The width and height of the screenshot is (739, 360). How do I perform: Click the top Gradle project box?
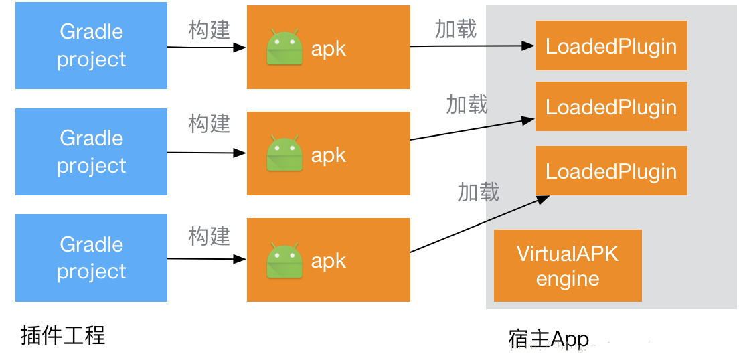tap(91, 46)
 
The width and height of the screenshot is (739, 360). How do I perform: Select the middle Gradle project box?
tap(91, 152)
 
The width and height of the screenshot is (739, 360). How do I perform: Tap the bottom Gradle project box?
tap(91, 258)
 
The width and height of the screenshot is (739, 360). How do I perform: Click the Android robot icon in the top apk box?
tap(284, 48)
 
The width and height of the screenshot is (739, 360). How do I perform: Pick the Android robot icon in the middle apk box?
tap(284, 154)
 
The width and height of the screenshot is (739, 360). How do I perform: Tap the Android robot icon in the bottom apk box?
tap(284, 260)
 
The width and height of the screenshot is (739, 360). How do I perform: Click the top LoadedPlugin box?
tap(610, 46)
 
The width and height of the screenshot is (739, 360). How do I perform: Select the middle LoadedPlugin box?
tap(610, 106)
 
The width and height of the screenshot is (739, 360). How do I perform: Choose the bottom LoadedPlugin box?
tap(610, 171)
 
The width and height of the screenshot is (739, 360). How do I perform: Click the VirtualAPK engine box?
tap(568, 266)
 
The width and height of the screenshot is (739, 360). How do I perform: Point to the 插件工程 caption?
tap(63, 335)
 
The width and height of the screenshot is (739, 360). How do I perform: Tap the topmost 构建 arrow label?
tap(209, 30)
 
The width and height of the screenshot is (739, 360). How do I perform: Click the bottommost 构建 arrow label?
tap(209, 236)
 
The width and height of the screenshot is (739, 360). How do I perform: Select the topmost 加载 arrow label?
tap(455, 29)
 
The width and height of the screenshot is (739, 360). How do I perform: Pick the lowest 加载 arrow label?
tap(478, 192)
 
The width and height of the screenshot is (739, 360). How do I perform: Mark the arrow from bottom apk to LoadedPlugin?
tap(479, 224)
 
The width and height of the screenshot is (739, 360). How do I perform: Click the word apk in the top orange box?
tap(328, 48)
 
